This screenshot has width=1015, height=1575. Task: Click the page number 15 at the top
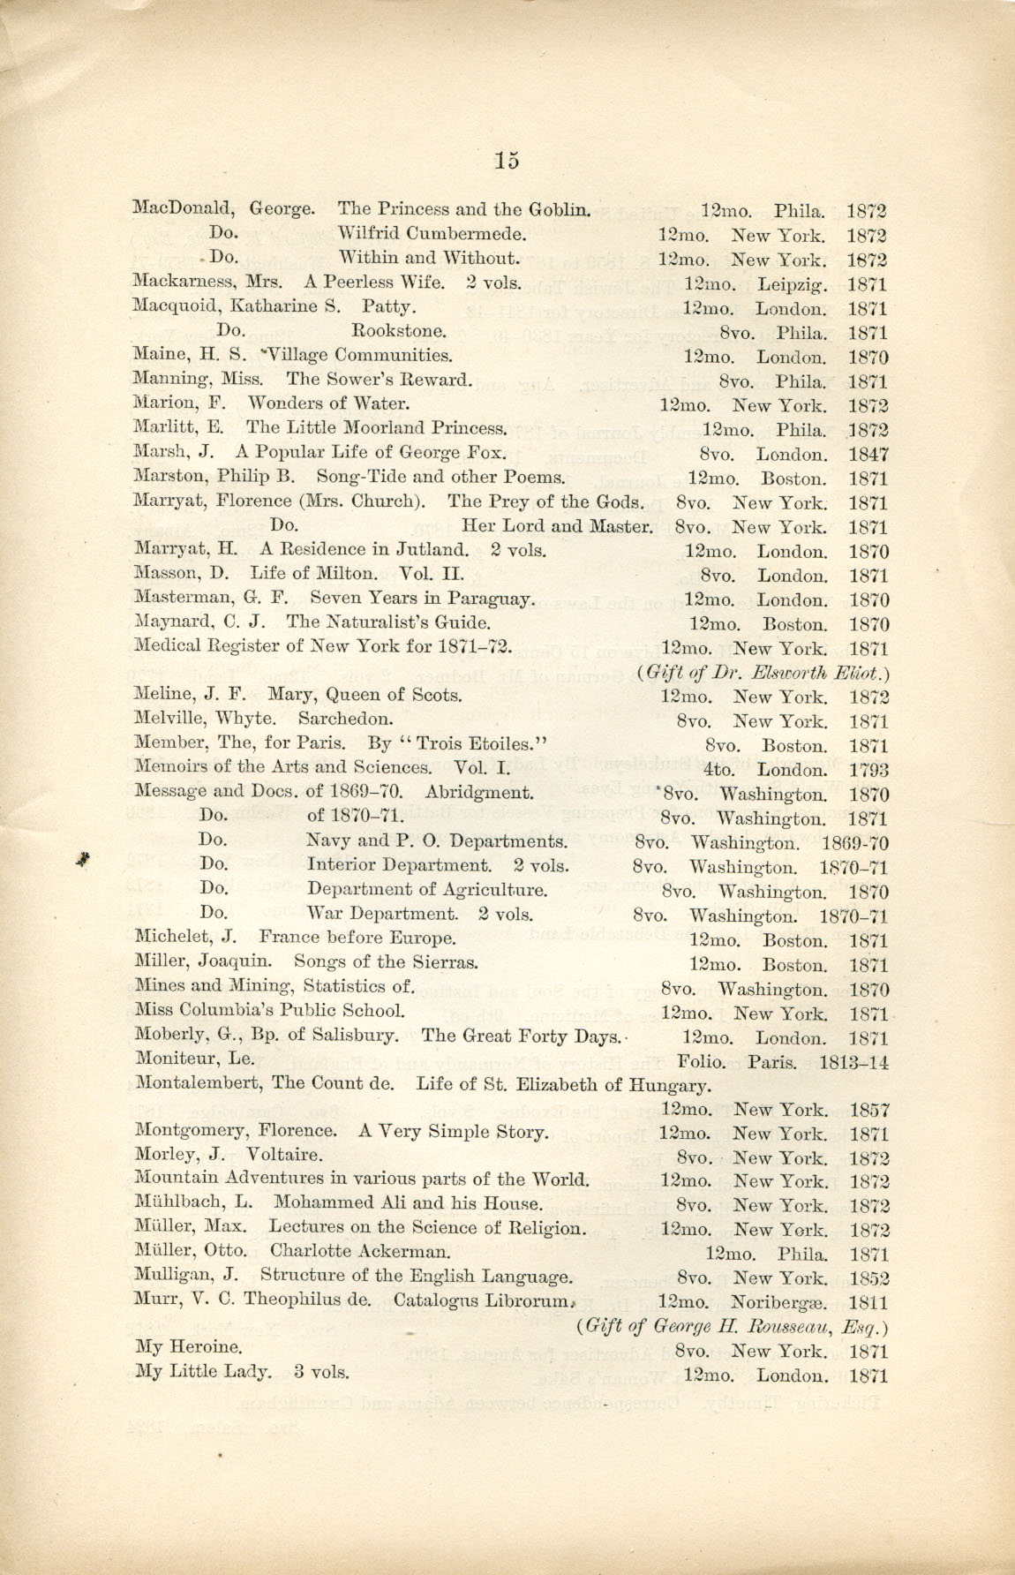(507, 160)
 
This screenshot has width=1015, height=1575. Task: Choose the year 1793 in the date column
(868, 771)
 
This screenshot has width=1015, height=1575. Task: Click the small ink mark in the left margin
(84, 860)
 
